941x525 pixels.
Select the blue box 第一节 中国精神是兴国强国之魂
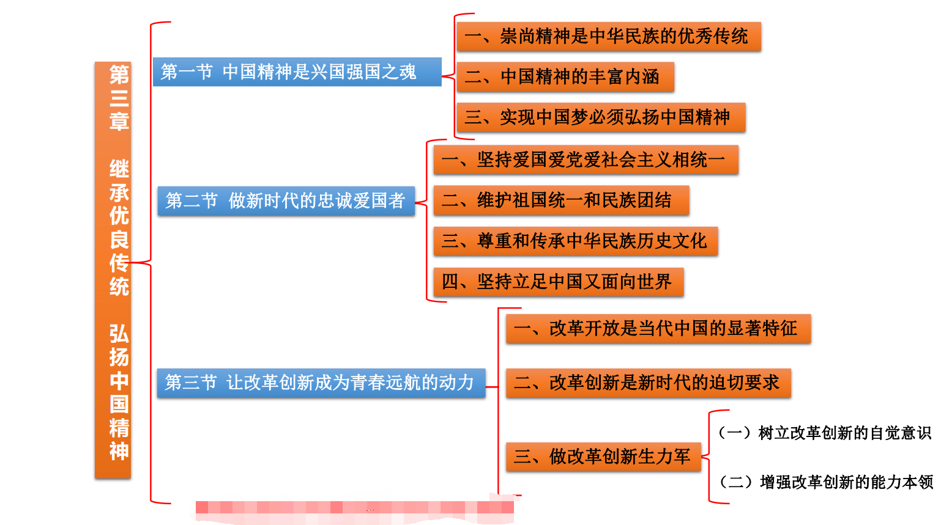click(297, 72)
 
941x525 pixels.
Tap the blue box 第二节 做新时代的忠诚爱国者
click(286, 200)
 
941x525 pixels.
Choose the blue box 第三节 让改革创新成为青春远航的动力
click(321, 383)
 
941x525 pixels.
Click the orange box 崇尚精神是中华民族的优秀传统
click(608, 37)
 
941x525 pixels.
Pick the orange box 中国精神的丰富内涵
click(565, 76)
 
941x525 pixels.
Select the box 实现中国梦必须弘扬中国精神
click(600, 117)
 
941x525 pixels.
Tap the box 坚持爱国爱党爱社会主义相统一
click(586, 160)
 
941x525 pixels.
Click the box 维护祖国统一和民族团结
click(560, 200)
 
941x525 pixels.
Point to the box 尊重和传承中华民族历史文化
click(575, 241)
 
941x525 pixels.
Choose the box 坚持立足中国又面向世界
click(558, 282)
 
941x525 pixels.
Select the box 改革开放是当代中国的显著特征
click(658, 329)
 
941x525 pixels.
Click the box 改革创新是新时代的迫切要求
click(648, 383)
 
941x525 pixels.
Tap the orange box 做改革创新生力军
click(603, 457)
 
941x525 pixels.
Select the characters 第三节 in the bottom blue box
click(191, 383)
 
